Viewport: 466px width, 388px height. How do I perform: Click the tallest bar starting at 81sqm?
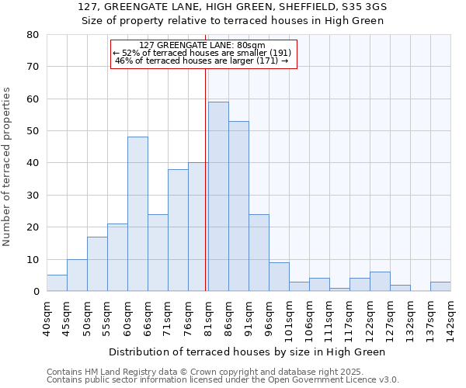point(218,196)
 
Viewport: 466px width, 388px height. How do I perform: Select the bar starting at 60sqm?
point(137,214)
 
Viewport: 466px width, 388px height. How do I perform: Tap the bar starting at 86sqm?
point(238,206)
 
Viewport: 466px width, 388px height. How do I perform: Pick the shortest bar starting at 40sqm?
point(57,283)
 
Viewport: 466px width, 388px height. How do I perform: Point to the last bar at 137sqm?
point(440,286)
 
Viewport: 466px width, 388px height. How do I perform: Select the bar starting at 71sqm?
point(178,230)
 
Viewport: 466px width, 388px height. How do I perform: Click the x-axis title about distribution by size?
point(247,352)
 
